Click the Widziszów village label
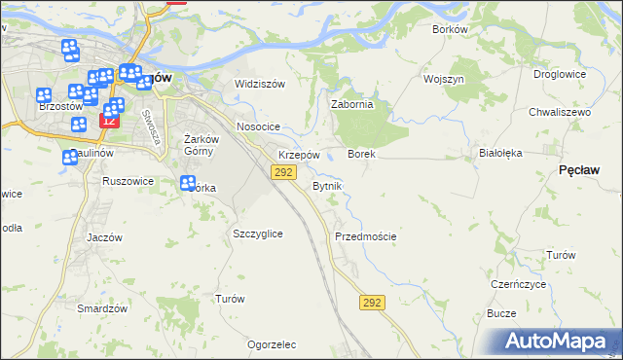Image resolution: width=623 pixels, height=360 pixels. (x=260, y=84)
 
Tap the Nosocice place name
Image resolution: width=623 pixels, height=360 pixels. (x=258, y=127)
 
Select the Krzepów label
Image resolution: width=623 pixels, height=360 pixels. (x=299, y=155)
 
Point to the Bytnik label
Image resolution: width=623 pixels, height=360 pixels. (x=327, y=186)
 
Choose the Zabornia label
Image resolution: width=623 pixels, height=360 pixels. (x=352, y=105)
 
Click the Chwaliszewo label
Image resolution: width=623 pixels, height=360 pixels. (x=560, y=113)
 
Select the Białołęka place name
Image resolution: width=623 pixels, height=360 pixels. (x=501, y=154)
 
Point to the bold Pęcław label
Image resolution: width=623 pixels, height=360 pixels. (x=579, y=169)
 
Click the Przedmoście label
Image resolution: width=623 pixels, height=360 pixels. (x=365, y=236)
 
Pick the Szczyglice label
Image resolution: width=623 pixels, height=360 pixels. (x=258, y=234)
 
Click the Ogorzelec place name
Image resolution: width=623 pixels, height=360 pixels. (x=272, y=344)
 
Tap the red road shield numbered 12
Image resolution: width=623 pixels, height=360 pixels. (x=108, y=122)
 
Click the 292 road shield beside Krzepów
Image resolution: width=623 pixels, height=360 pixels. (x=282, y=172)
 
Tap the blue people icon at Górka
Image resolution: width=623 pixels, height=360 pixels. (x=189, y=183)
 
